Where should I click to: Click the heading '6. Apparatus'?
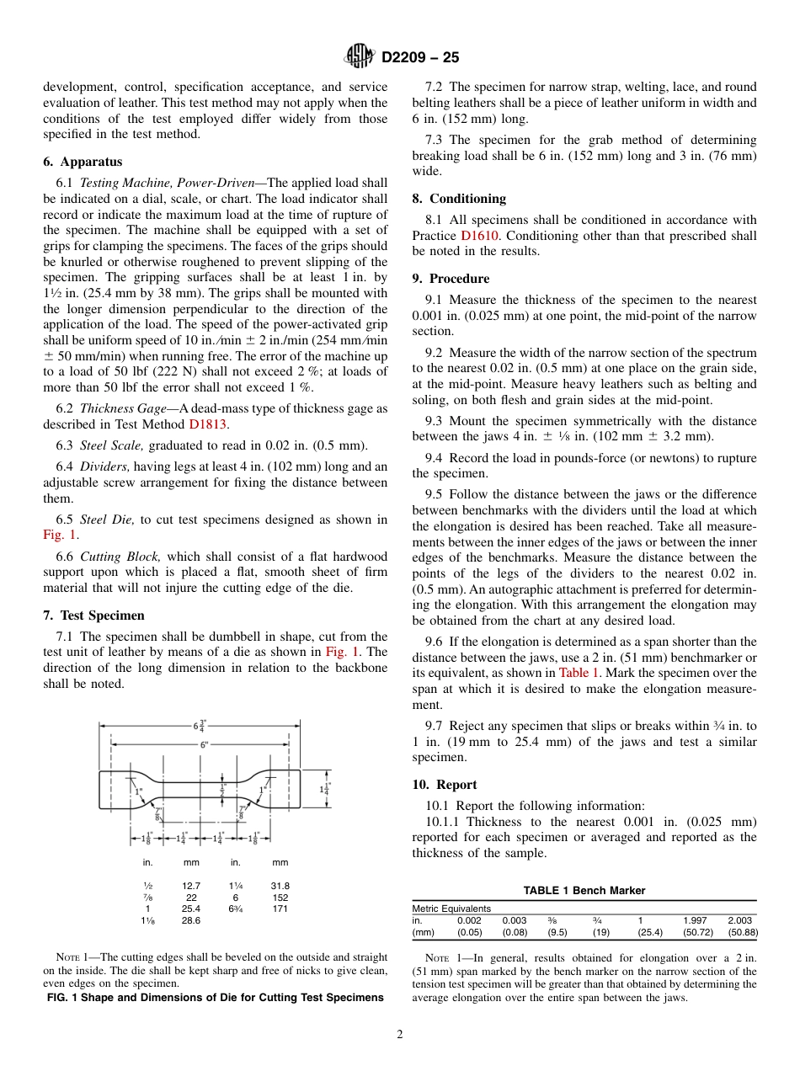[x=83, y=162]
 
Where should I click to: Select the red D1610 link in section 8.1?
[x=479, y=236]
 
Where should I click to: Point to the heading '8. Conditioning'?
[x=459, y=199]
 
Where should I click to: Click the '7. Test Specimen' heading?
[x=93, y=615]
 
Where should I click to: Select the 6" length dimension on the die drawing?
[x=202, y=744]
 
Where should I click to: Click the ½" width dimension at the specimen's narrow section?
[x=222, y=790]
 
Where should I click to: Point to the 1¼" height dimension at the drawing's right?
[x=325, y=789]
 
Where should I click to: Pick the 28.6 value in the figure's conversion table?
[x=191, y=921]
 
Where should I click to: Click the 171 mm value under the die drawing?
[x=280, y=909]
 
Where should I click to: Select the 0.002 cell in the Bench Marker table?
[x=469, y=920]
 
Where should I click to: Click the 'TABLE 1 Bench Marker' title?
[x=584, y=891]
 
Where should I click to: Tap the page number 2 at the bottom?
[x=400, y=1035]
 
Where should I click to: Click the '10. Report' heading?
[x=445, y=785]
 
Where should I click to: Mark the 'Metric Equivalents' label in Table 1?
[x=451, y=908]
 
